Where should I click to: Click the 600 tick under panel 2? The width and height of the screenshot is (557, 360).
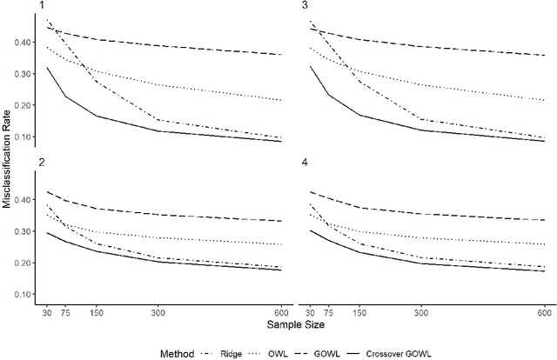coord(282,311)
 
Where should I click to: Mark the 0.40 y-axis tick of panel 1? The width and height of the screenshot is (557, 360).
coord(26,40)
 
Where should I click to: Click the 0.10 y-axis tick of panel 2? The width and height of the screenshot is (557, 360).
coord(26,294)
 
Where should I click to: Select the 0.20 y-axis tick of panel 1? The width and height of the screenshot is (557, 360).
coord(26,105)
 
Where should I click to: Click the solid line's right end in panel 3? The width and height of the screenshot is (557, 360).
coord(545,141)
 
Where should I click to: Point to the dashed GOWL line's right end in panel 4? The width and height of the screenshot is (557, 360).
coord(545,221)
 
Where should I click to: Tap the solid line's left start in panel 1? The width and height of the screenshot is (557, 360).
coord(47,67)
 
